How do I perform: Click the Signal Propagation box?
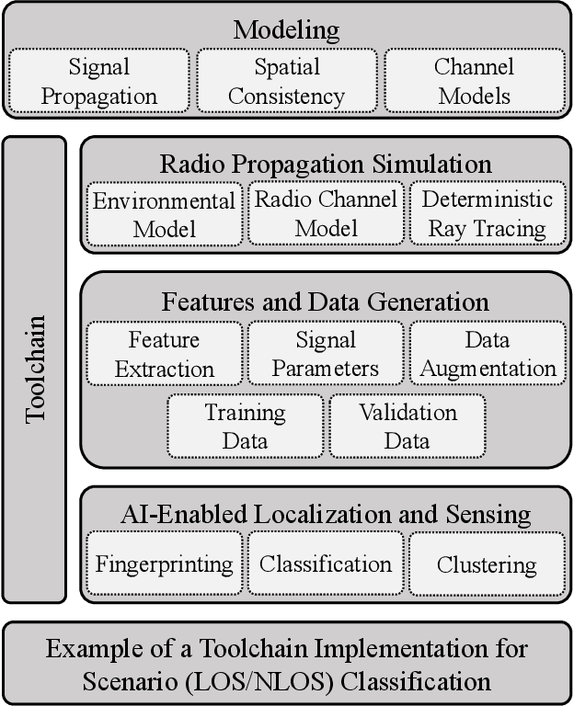tap(100, 81)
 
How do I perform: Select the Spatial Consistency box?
tap(286, 81)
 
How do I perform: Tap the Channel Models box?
tap(474, 81)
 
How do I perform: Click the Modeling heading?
tap(286, 29)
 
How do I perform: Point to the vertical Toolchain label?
tap(35, 368)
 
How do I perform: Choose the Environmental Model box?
tap(165, 214)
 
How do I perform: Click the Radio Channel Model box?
tap(326, 213)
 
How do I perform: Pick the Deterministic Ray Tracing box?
tap(487, 214)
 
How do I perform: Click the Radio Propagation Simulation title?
tap(325, 165)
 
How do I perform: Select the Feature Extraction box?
tap(165, 354)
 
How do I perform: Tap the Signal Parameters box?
tap(326, 354)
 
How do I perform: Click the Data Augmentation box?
tap(487, 354)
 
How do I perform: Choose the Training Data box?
tap(246, 426)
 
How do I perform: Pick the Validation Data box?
tap(407, 426)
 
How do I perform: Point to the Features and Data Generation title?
tap(325, 301)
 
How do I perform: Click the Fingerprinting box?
tap(165, 564)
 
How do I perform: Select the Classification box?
tap(326, 564)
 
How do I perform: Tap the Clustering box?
tap(487, 564)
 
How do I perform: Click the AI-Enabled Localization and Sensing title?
tap(325, 514)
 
